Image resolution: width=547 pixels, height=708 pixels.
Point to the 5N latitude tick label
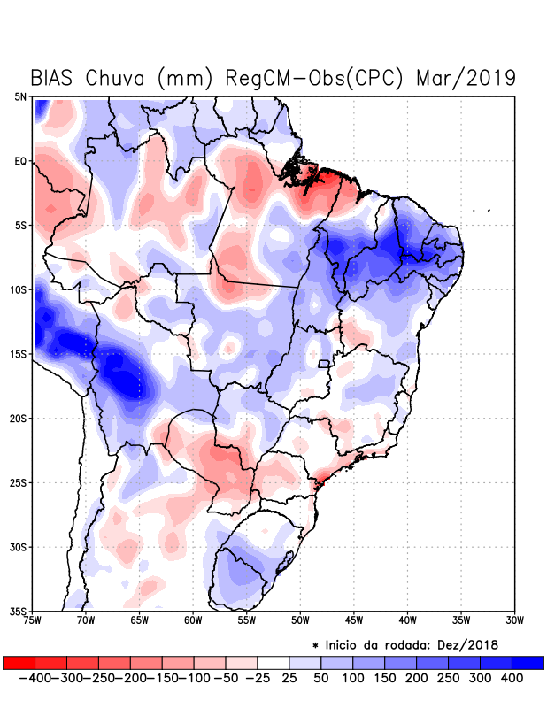(20, 97)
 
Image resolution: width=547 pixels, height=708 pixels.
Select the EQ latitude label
(20, 162)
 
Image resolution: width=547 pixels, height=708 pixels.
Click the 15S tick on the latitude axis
(19, 354)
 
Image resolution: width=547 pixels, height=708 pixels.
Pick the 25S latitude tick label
(19, 482)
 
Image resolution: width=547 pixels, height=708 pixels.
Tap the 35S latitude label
(19, 611)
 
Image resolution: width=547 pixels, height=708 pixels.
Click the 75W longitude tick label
(34, 619)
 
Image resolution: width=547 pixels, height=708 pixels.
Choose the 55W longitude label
(247, 619)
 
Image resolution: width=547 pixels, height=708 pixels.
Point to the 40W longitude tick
(407, 619)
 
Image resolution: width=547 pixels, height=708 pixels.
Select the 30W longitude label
(514, 619)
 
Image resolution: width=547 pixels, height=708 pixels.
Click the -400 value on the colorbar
(35, 678)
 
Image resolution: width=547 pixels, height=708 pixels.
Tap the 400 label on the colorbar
(511, 678)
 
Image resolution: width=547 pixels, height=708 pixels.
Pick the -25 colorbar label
(258, 678)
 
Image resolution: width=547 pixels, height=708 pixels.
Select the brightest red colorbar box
(19, 663)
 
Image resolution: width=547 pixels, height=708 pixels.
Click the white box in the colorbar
(273, 663)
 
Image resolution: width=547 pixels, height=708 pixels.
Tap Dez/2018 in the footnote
(468, 644)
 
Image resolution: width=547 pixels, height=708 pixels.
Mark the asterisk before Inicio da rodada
(315, 645)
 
